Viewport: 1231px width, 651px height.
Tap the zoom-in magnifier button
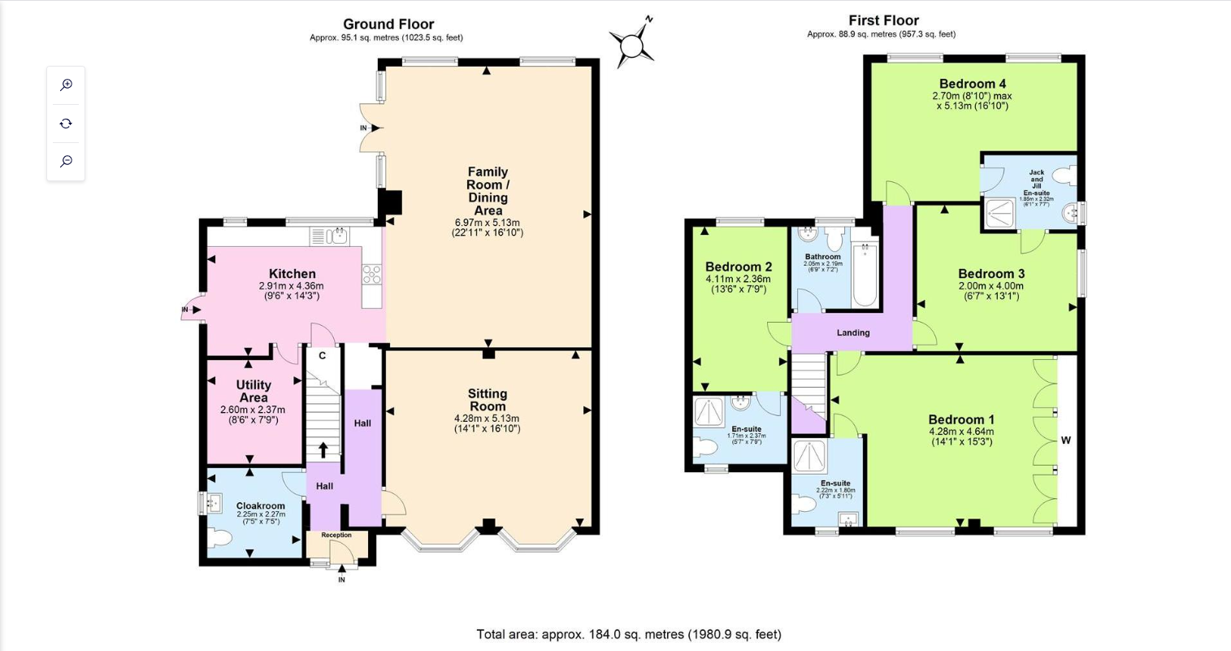point(66,85)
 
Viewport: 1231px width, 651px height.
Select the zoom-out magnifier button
point(66,161)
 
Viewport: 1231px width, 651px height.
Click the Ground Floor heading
point(388,24)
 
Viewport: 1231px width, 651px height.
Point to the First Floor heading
point(883,21)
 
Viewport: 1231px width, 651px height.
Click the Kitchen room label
point(292,274)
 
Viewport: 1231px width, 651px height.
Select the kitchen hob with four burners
point(371,275)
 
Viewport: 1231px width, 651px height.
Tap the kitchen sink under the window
point(335,237)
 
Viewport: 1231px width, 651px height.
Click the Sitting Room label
point(487,400)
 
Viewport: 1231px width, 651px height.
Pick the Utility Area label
point(254,391)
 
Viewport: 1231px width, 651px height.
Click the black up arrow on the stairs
point(323,449)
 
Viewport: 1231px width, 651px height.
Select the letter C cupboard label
point(322,356)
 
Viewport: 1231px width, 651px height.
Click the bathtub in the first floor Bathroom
point(865,276)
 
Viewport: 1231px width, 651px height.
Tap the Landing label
point(853,332)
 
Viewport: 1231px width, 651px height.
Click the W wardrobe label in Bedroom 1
point(1065,441)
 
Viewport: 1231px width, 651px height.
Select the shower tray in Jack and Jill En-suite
point(997,214)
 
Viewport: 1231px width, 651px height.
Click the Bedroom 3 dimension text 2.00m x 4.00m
point(990,286)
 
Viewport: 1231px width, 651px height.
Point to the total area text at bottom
point(628,634)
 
